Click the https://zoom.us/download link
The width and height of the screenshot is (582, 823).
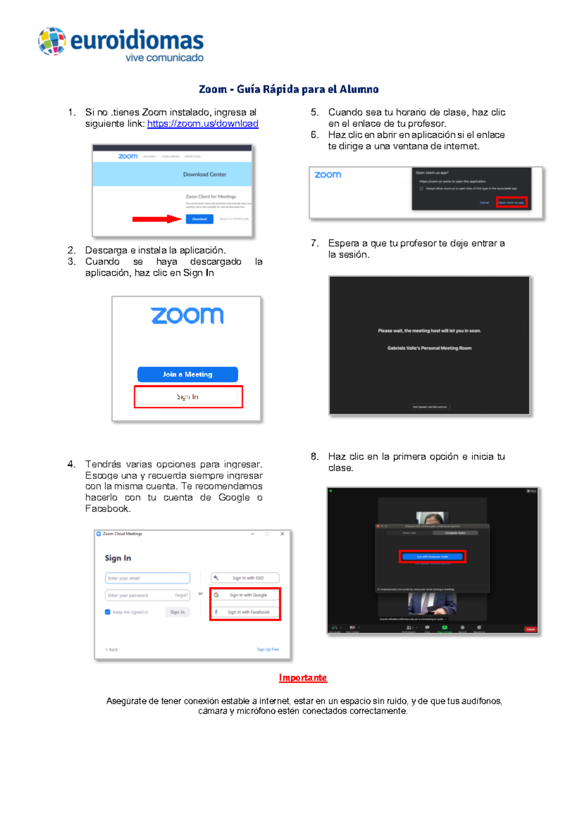coord(202,124)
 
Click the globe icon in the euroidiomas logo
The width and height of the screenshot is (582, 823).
coord(52,41)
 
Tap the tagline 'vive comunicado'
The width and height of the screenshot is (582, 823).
coord(164,58)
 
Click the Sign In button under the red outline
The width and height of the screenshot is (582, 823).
coord(188,396)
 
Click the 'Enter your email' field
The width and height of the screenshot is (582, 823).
coord(147,578)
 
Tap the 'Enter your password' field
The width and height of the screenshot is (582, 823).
coord(141,595)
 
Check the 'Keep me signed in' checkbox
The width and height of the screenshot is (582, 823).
coord(108,612)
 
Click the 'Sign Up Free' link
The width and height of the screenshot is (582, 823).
coord(268,649)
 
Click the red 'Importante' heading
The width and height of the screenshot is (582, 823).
coord(303,678)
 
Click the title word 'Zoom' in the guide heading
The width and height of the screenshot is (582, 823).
coord(212,89)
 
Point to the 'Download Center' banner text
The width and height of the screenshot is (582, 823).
coord(204,174)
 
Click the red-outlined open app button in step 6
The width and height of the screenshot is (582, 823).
coord(511,203)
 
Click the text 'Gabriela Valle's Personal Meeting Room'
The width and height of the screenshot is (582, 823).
coord(429,348)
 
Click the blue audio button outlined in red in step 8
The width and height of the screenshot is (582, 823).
coord(432,556)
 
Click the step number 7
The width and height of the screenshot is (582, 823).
coord(314,243)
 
